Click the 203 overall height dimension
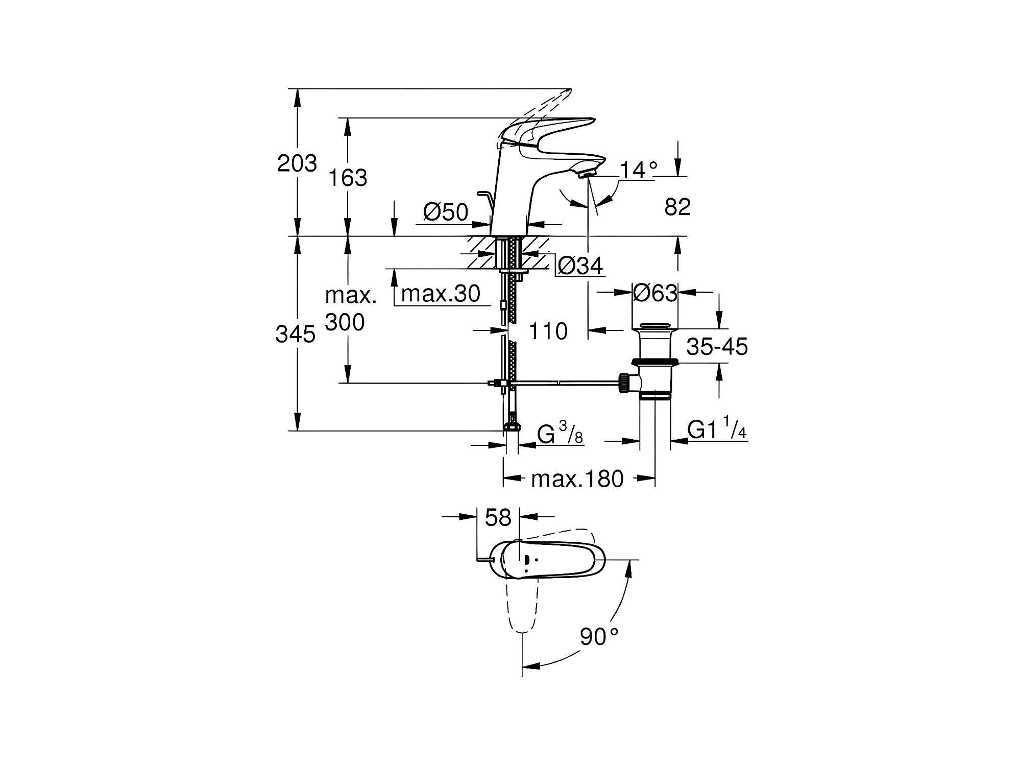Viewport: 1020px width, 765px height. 297,163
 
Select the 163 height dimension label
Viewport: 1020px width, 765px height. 347,178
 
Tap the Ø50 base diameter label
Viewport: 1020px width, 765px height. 446,212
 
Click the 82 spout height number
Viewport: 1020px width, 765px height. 677,207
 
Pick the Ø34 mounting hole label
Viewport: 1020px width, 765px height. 580,266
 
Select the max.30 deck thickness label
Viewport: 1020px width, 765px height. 441,294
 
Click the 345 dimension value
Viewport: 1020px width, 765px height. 296,334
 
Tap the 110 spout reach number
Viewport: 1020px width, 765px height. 548,331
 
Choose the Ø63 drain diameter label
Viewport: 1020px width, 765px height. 655,293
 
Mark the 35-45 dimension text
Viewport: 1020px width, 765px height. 717,347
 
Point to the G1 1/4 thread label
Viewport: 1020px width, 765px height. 717,429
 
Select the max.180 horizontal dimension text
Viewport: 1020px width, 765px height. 577,479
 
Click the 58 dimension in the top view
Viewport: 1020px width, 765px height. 498,518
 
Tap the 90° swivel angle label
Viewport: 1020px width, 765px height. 599,637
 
